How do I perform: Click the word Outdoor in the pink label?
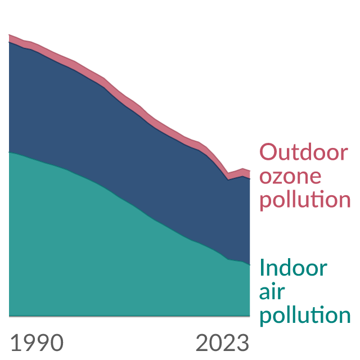point(304,151)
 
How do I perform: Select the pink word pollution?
point(305,200)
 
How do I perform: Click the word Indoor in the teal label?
point(293,268)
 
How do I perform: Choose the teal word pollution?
point(305,316)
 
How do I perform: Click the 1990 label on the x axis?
point(37,343)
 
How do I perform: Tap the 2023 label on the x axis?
point(222,343)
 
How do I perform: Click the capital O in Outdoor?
point(268,151)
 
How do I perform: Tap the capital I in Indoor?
point(262,268)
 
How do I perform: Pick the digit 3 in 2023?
point(243,343)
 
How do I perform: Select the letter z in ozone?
point(280,177)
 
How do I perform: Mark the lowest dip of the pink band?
point(228,176)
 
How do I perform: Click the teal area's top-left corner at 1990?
point(9,152)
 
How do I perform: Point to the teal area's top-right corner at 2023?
point(250,265)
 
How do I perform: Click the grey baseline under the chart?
point(129,316)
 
